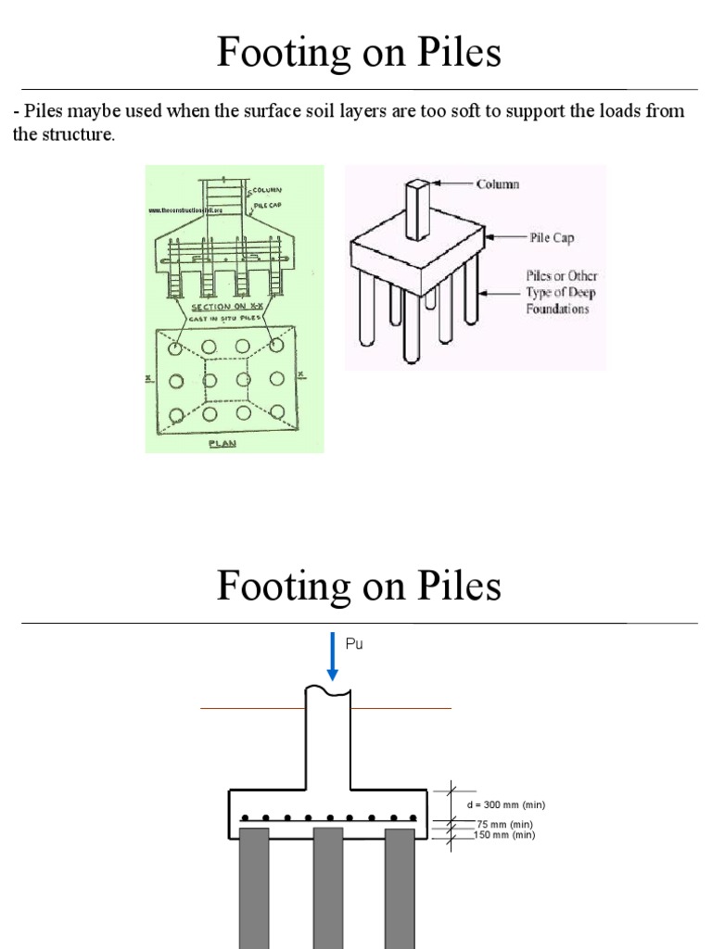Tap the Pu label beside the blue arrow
(353, 643)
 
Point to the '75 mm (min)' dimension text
(505, 824)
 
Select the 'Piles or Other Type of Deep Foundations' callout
(563, 293)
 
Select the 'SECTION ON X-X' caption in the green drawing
(223, 307)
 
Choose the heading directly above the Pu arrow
(359, 587)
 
